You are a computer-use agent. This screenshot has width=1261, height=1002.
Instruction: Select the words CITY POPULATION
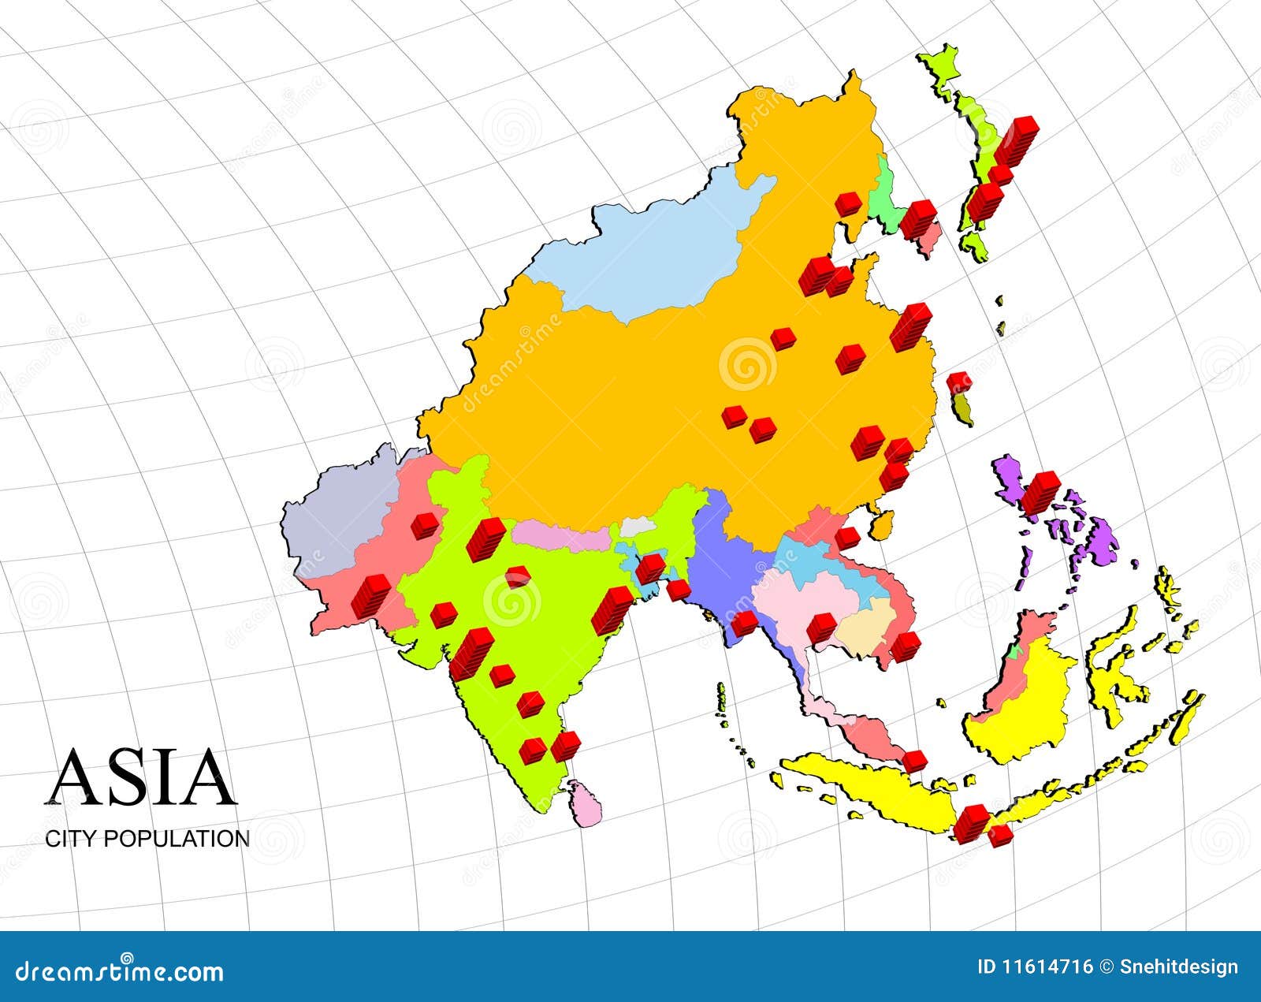(147, 838)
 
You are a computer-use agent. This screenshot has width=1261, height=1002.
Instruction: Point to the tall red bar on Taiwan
(958, 382)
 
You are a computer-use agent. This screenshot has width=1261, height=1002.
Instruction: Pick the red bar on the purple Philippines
(1040, 491)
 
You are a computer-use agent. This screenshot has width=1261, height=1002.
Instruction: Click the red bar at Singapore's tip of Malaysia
(914, 761)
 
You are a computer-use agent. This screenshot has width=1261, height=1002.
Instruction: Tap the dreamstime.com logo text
(120, 971)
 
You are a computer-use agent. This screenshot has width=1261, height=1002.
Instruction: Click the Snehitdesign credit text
(1179, 967)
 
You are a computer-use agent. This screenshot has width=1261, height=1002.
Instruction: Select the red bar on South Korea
(919, 218)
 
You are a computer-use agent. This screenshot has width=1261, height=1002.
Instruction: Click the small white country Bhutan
(637, 526)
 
